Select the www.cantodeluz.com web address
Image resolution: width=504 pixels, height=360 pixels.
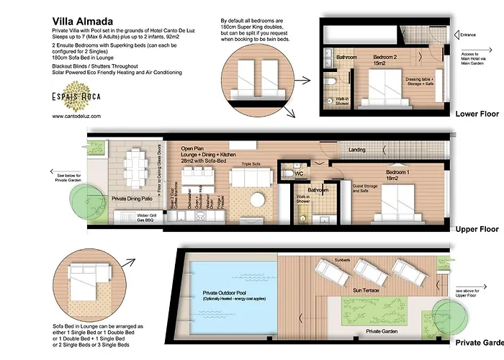(77, 115)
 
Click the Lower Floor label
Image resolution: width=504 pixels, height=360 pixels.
(477, 114)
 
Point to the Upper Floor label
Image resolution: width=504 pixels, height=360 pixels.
(477, 229)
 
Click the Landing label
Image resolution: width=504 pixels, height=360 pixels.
(356, 150)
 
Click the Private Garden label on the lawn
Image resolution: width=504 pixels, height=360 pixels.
(383, 333)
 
